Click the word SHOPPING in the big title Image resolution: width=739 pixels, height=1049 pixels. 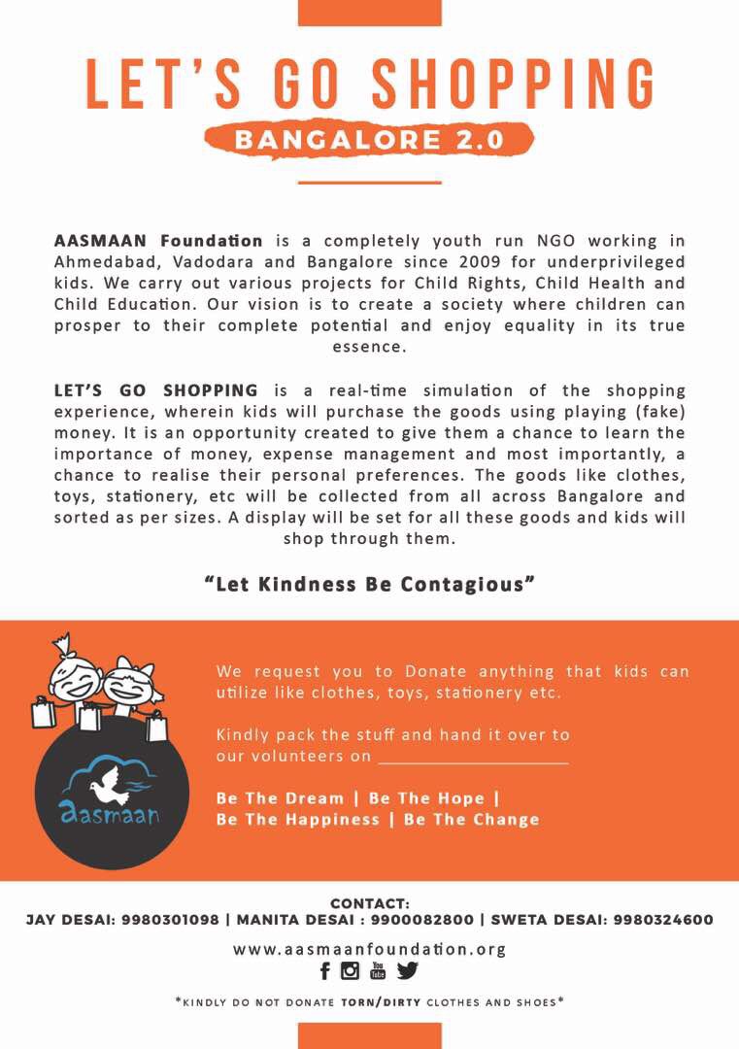point(514,84)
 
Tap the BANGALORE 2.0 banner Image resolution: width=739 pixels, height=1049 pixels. point(369,139)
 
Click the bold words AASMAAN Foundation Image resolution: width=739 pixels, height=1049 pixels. point(158,240)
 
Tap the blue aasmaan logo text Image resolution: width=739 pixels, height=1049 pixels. point(110,814)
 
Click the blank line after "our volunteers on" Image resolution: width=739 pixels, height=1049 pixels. point(473,757)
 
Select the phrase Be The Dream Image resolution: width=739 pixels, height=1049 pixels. point(281,798)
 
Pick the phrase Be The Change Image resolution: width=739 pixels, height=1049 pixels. point(471,820)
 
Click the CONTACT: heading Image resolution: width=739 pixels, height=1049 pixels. point(370,903)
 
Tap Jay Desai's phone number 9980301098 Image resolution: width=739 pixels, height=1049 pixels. point(171,920)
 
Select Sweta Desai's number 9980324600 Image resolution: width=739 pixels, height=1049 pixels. point(664,920)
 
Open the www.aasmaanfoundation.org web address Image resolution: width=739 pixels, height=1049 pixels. point(369,949)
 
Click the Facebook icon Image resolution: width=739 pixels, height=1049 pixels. point(325,971)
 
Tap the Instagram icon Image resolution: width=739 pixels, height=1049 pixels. point(351,971)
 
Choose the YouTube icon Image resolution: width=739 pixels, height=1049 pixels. point(378,971)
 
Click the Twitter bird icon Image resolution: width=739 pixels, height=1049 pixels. point(408,971)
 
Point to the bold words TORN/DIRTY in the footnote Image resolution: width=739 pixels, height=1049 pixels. point(381,1001)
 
